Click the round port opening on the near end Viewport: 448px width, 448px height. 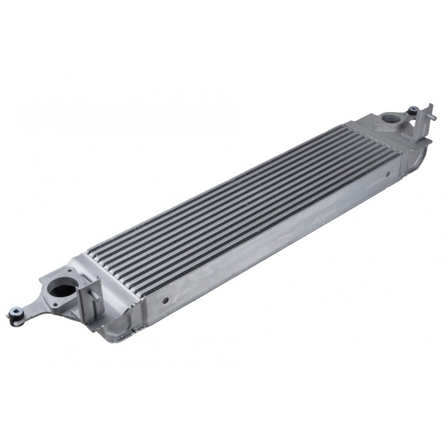(x=62, y=288)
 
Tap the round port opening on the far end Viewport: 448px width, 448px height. (x=391, y=118)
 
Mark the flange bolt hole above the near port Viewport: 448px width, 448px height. (x=70, y=269)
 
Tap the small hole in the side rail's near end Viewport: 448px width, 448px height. (x=164, y=299)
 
